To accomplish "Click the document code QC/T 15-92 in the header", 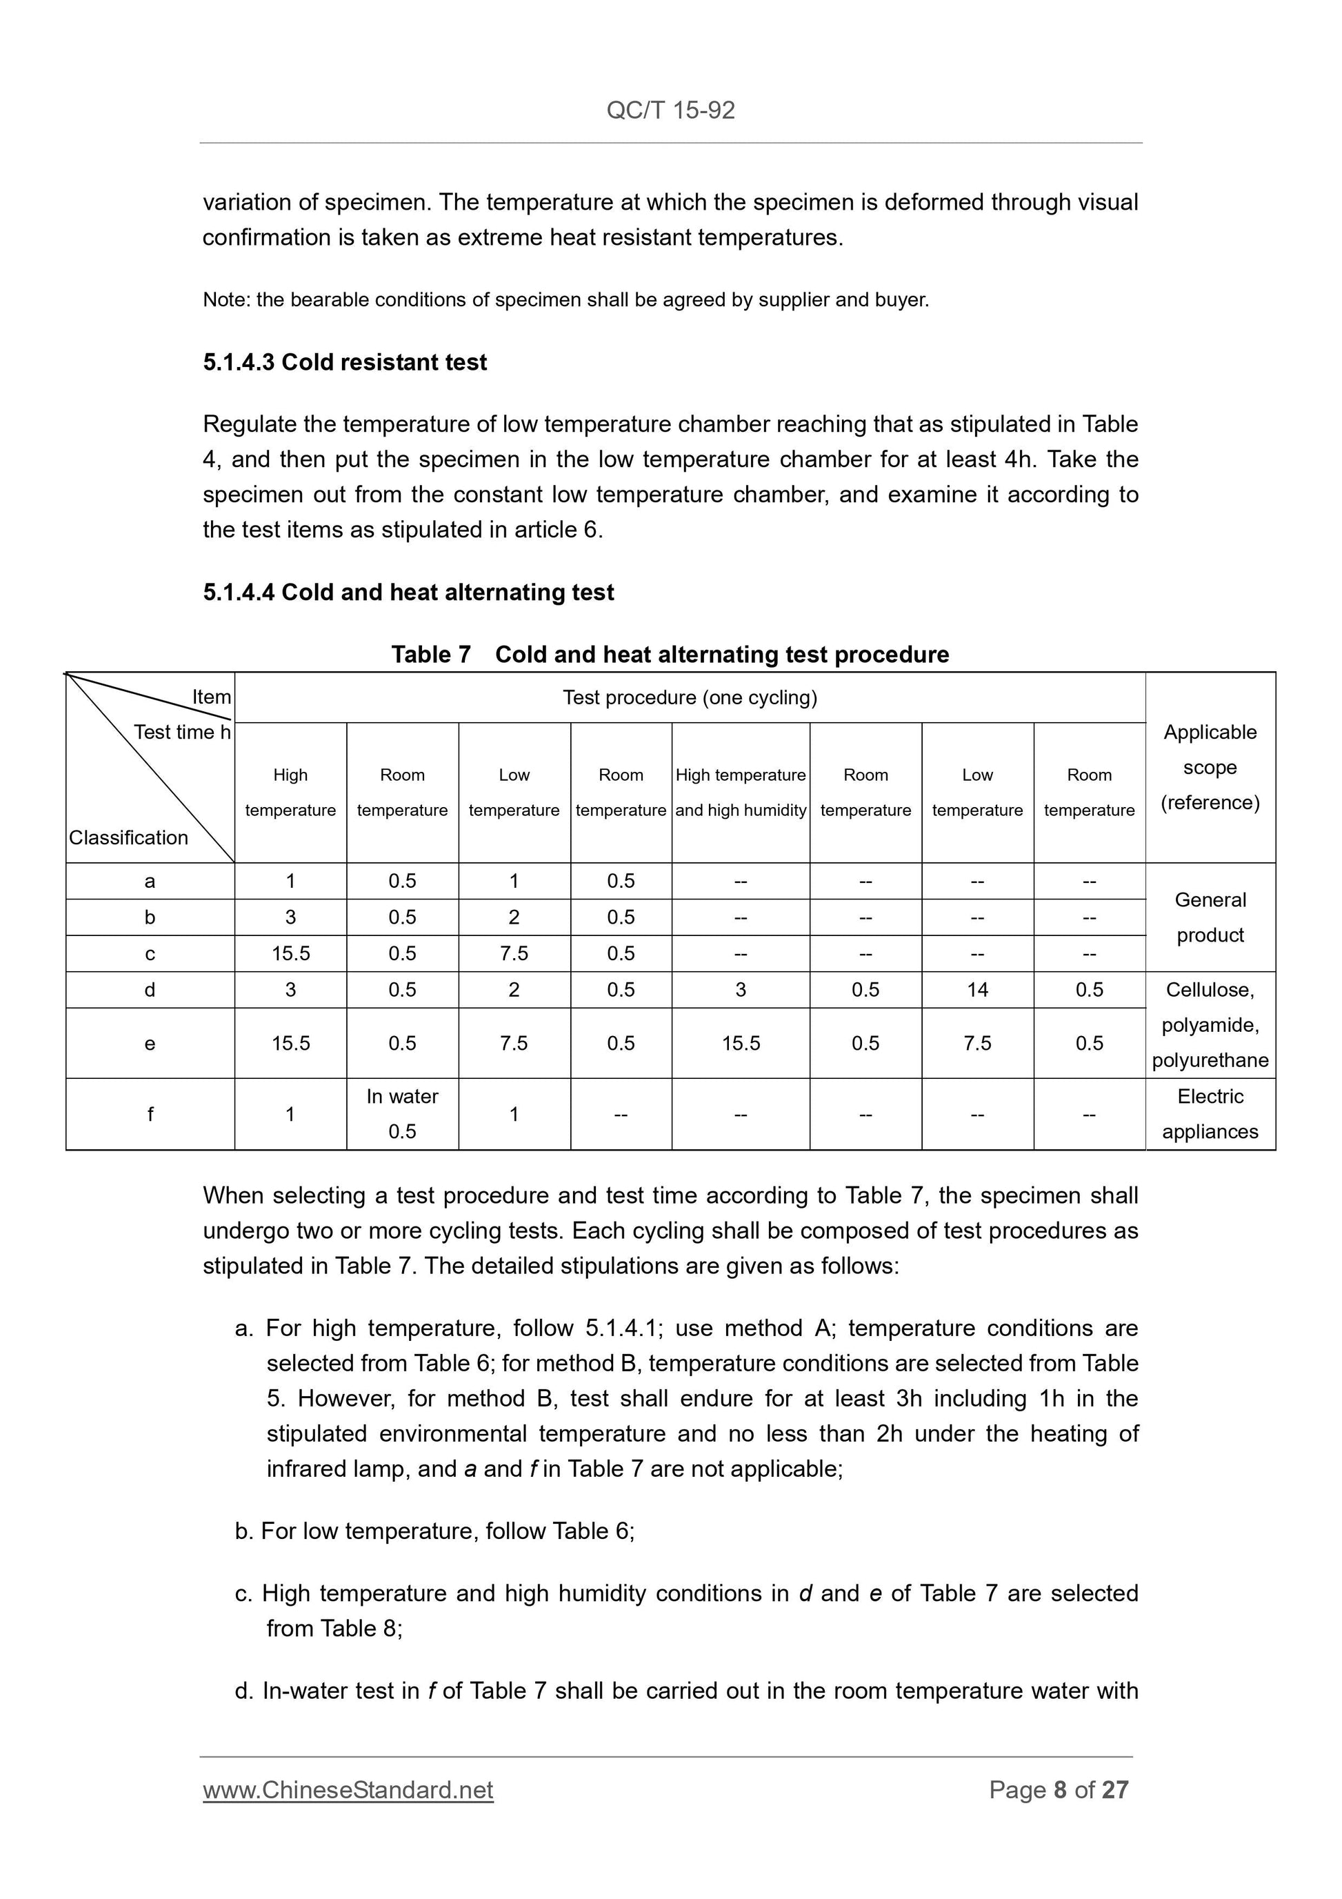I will pos(670,110).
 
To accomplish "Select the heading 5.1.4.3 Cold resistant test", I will pos(345,362).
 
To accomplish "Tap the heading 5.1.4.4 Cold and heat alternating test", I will pos(408,593).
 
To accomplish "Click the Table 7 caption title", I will pos(670,654).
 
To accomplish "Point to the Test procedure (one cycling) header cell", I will pos(690,697).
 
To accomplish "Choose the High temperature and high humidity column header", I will pos(740,793).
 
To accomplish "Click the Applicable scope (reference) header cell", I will pos(1210,767).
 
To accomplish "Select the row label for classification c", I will pos(150,953).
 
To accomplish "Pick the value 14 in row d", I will pos(977,990).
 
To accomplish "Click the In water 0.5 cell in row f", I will pos(402,1113).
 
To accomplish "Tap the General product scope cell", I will pos(1210,917).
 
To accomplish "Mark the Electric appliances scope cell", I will pos(1210,1113).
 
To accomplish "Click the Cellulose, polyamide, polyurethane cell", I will pos(1210,1025).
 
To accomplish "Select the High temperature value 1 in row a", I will pos(290,881).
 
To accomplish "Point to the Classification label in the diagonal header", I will pos(128,838).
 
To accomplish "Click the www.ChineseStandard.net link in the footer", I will pos(348,1790).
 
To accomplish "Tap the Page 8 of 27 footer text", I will pos(1059,1790).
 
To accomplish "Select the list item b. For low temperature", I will pos(434,1531).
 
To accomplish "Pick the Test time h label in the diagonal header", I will pos(182,732).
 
